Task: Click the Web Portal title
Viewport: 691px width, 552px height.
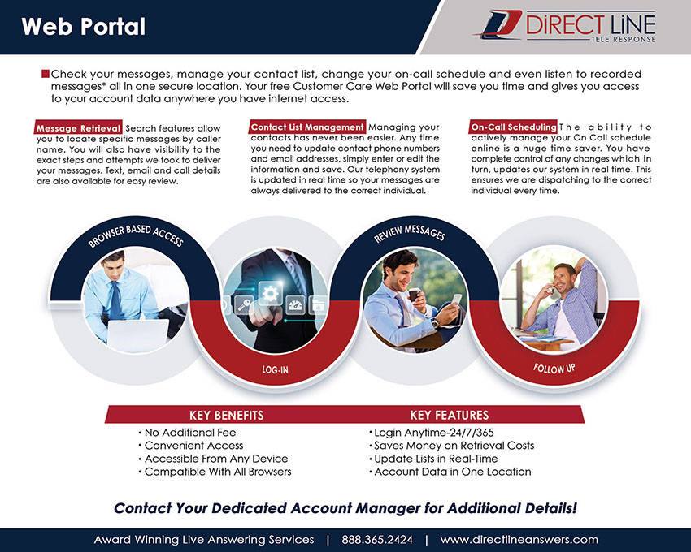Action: tap(83, 27)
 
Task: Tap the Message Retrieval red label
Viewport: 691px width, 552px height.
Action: tap(78, 128)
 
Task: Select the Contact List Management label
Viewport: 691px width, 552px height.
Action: tap(307, 127)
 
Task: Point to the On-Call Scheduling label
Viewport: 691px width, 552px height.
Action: tap(514, 127)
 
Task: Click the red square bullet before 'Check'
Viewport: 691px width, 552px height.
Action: tap(46, 74)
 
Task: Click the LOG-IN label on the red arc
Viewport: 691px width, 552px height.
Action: tap(275, 370)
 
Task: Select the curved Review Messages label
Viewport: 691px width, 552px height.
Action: tap(410, 233)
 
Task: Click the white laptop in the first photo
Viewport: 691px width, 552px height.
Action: tap(137, 334)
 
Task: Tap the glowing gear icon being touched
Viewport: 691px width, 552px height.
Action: tap(270, 293)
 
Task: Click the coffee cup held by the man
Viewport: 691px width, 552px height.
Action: tap(415, 294)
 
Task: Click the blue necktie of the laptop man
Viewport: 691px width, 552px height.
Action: tap(115, 300)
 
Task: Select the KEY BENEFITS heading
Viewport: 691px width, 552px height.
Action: tap(227, 415)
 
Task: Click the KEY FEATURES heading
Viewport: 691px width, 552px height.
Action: tap(449, 415)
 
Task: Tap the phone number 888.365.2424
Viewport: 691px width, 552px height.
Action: tap(377, 540)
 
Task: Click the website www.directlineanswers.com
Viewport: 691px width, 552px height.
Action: tap(519, 540)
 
